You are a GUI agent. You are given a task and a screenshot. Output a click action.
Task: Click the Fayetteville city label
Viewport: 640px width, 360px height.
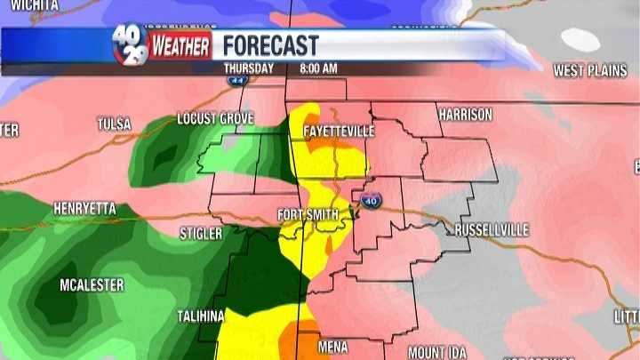coord(339,131)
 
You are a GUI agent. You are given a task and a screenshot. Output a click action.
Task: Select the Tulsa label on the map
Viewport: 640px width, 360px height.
coord(114,124)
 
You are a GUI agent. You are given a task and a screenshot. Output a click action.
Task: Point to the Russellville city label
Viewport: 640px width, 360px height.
coord(492,230)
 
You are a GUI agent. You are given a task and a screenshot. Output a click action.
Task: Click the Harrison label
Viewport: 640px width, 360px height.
coord(464,115)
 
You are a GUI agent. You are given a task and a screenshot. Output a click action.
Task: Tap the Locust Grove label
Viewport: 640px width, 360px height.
coord(215,118)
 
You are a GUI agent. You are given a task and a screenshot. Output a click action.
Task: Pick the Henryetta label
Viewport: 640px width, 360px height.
coord(85,208)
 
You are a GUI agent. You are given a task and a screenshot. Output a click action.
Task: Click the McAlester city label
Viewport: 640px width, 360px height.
coord(92,285)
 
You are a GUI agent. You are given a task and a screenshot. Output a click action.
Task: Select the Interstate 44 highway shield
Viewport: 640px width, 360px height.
coord(237,78)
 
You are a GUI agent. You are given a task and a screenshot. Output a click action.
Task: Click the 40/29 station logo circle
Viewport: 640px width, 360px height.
coord(130,44)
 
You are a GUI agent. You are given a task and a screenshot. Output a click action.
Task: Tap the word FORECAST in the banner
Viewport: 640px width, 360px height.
coord(270,45)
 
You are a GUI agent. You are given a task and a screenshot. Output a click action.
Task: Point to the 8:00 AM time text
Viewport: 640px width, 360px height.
coord(317,68)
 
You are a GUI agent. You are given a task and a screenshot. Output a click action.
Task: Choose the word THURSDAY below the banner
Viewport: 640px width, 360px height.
coord(249,68)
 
